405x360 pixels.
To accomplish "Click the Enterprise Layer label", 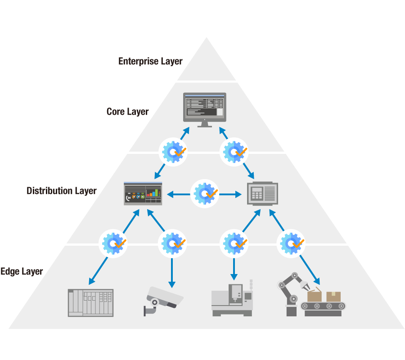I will coord(150,61).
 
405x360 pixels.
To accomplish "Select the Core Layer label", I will coord(127,112).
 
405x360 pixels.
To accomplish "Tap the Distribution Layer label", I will coord(61,191).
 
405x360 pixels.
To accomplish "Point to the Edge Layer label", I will coord(22,271).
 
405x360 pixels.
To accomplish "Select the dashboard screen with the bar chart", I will coord(143,193).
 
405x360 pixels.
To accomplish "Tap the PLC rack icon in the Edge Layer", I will coord(90,303).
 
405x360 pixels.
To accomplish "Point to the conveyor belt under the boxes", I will coord(323,306).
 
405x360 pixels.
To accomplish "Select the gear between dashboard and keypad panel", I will coord(205,193).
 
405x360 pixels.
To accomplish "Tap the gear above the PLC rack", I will coord(113,243).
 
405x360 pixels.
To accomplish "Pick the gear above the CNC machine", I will coord(234,243).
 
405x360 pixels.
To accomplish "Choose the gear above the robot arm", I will coord(292,243).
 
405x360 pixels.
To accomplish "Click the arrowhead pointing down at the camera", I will coord(171,284).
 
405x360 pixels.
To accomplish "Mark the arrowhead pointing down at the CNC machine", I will coord(234,277).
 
